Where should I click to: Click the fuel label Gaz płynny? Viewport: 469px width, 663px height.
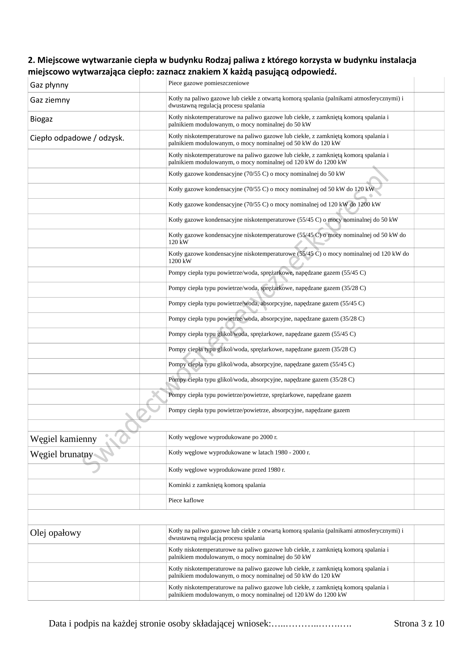pos(49,85)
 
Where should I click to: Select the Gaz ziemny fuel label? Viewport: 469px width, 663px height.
pos(50,100)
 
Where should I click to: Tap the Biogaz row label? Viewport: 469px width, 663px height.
pos(41,119)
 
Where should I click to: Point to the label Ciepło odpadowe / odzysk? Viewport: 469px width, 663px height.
pos(77,138)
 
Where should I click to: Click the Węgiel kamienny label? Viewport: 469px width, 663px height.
pos(63,439)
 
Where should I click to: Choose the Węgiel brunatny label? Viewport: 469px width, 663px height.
pos(62,454)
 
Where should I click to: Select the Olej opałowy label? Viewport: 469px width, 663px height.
pos(56,533)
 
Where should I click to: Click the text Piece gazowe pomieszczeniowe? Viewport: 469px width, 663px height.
pos(208,83)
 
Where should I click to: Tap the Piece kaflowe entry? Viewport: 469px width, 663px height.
pos(186,500)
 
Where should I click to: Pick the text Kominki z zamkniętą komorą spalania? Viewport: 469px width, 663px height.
pos(217,485)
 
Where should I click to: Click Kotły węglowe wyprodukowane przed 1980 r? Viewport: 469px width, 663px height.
pos(227,470)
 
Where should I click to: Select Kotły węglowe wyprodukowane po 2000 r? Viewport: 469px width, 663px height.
pos(223,437)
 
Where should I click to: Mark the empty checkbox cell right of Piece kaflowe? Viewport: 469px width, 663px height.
pos(429,502)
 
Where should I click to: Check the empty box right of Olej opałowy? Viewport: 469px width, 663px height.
pos(153,534)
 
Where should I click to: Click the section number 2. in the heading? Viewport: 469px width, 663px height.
pos(31,60)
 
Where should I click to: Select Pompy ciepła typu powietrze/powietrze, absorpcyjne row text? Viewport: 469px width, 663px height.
pos(259,410)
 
